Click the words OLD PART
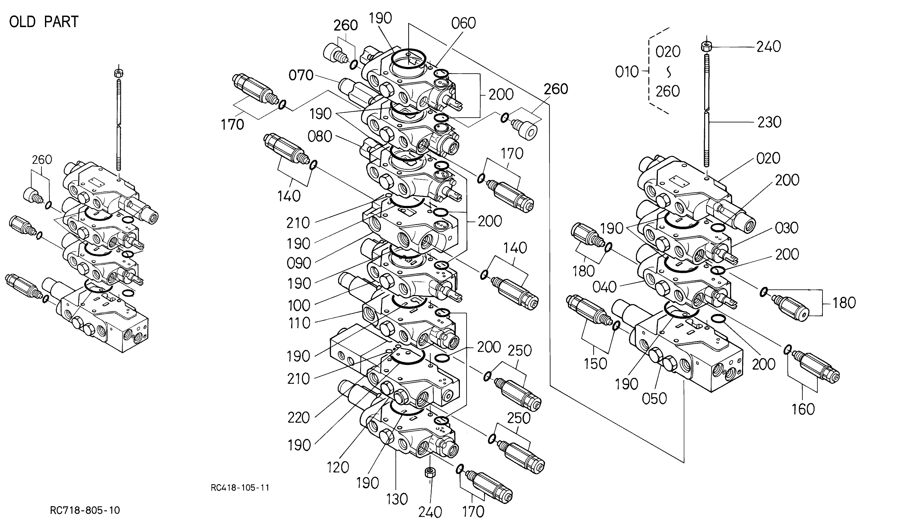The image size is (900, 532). pos(44,22)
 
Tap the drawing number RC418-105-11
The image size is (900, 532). pos(240,488)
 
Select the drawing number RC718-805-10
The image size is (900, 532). pos(85,510)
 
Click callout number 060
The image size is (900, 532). pos(463,23)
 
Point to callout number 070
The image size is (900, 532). pos(301,75)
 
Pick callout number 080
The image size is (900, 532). pos(320,136)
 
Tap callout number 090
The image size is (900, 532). pos(299,264)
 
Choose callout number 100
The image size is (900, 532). pos(299,306)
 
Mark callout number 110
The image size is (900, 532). pos(299,323)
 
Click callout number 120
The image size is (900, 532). pos(338,467)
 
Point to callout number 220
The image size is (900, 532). pos(299,418)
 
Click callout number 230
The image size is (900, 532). pos(770,122)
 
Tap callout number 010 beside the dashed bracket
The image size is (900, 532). pos(627,72)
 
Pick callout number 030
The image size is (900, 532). pos(787,228)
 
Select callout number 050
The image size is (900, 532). pos(654,399)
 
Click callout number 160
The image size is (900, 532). pos(803,409)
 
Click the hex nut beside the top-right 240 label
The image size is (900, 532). pos(706,47)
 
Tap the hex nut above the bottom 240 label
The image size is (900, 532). pos(430,472)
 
